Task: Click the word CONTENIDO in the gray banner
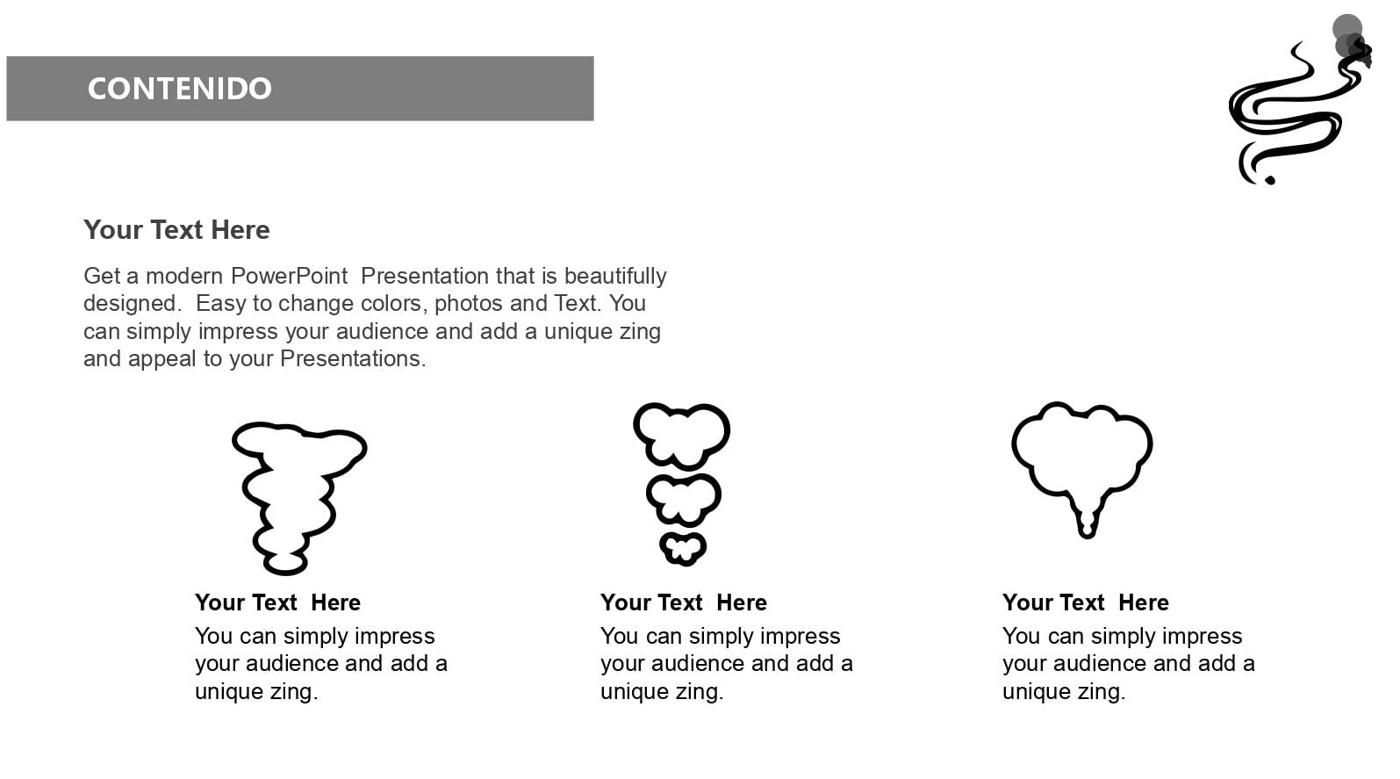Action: [179, 88]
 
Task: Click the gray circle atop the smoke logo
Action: [1346, 29]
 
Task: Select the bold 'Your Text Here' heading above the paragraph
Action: [176, 229]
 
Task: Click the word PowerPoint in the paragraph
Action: [290, 276]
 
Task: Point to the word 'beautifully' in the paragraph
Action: [615, 276]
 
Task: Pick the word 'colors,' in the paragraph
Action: [391, 303]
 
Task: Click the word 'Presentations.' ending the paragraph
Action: [353, 358]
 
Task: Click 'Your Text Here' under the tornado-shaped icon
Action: [277, 602]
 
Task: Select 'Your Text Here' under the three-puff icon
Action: [683, 602]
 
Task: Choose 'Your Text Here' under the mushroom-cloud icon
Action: [1085, 602]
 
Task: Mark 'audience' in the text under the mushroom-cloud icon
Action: [1100, 663]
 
